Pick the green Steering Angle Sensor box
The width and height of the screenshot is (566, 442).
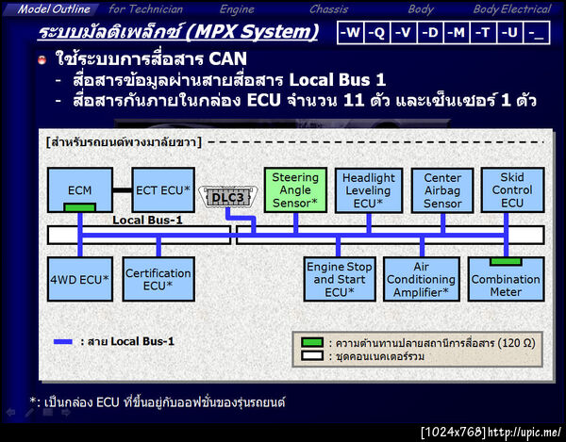295,189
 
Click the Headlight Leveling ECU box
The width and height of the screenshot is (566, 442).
369,189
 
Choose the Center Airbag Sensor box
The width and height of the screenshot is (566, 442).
442,189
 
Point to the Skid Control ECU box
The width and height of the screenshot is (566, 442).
512,189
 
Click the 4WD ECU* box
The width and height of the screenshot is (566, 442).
80,279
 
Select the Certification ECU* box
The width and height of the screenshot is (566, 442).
158,279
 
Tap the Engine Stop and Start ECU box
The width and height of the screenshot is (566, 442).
338,279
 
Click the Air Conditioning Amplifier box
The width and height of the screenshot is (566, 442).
421,279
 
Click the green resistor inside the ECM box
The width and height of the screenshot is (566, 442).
80,206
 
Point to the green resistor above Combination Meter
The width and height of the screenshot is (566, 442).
506,260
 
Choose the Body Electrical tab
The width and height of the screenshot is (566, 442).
511,9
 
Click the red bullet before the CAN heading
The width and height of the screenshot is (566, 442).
42,60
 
